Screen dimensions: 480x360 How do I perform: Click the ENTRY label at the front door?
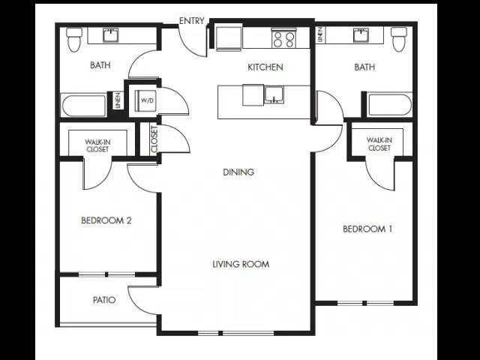(x=192, y=21)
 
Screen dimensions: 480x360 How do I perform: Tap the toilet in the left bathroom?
(x=74, y=40)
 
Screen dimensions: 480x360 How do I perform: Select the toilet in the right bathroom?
(x=399, y=39)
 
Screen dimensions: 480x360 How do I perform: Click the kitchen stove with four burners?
(x=283, y=38)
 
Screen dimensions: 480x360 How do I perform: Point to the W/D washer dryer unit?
(x=147, y=100)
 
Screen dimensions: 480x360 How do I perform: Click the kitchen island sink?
(x=274, y=95)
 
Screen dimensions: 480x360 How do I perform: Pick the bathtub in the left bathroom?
(x=84, y=106)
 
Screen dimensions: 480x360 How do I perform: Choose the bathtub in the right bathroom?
(x=389, y=105)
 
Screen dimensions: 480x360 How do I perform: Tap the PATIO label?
(x=104, y=300)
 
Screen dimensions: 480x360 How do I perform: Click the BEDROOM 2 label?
(x=106, y=220)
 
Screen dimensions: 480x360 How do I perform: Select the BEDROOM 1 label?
(x=367, y=229)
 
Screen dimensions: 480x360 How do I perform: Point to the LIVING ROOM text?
(x=241, y=264)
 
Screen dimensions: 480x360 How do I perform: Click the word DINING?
(x=238, y=172)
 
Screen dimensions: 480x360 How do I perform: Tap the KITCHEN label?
(x=265, y=67)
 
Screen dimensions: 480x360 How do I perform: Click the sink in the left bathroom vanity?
(x=111, y=35)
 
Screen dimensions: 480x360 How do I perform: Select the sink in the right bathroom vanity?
(x=361, y=34)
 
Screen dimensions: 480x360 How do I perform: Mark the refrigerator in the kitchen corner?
(x=229, y=38)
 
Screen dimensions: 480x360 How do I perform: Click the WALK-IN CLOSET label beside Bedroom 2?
(x=97, y=145)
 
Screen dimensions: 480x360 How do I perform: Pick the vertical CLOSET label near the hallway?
(x=154, y=139)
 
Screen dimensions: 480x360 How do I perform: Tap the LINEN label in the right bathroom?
(x=320, y=34)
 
